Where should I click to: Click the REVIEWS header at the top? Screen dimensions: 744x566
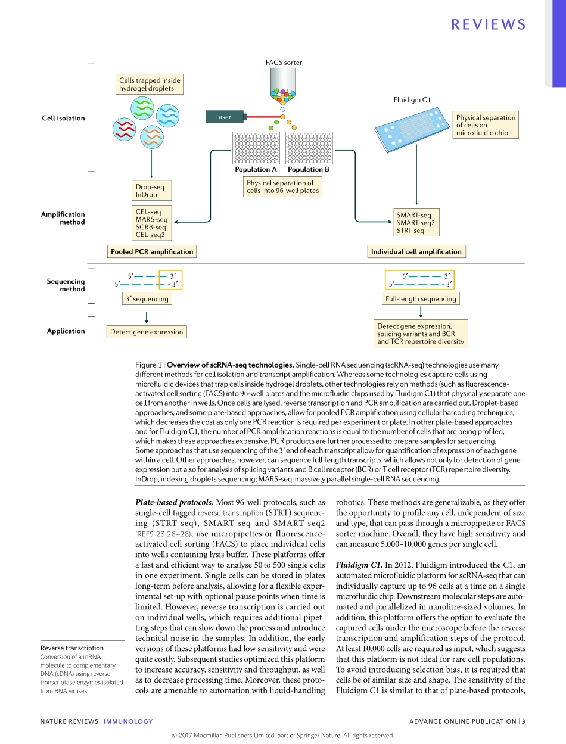tap(489, 24)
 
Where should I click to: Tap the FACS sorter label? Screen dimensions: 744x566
tap(284, 62)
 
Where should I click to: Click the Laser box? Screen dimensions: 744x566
tap(223, 117)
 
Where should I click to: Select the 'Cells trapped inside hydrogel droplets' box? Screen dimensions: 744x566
tap(149, 85)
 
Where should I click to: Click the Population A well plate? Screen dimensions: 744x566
tap(256, 148)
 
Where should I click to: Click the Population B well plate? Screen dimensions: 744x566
tap(309, 148)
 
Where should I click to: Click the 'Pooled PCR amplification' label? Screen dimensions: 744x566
tap(152, 252)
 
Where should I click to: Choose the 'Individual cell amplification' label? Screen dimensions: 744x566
tap(416, 252)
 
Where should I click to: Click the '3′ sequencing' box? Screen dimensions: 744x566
tap(147, 299)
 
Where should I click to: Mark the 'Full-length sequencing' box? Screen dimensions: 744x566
tap(421, 299)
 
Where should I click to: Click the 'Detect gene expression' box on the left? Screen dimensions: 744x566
tap(147, 332)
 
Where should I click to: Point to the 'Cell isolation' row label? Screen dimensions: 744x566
tap(63, 118)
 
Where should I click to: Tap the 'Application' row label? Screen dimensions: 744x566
tap(66, 331)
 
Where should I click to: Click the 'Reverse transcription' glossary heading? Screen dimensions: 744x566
tap(71, 648)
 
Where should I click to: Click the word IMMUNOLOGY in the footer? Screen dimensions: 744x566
tap(128, 721)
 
